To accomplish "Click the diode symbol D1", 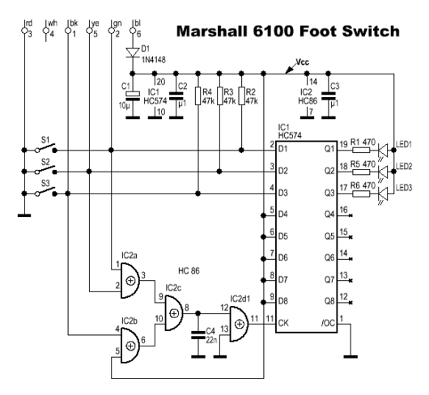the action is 133,53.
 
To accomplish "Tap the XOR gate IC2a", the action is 130,281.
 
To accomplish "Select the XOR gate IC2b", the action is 130,346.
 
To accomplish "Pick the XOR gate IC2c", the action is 173,313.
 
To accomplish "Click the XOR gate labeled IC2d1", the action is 239,324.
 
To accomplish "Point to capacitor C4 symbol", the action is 198,335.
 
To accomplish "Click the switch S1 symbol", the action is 46,148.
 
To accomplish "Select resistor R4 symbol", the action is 198,96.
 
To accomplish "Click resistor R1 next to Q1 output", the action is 361,150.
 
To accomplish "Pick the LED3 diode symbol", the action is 383,193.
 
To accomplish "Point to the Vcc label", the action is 303,62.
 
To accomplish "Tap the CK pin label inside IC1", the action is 283,323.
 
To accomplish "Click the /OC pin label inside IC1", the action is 328,323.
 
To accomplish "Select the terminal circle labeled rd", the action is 24,31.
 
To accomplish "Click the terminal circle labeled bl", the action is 133,31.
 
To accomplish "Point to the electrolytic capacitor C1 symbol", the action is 133,94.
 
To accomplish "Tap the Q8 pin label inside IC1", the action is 329,301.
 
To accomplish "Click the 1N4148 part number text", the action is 154,60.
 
